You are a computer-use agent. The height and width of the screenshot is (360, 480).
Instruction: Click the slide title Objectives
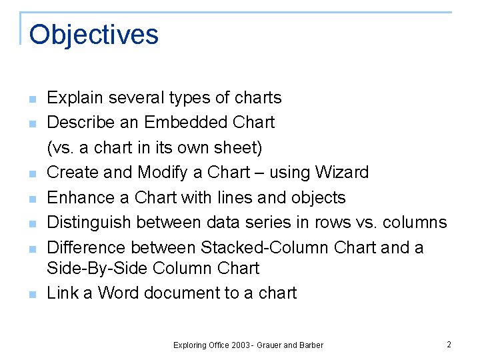tap(94, 35)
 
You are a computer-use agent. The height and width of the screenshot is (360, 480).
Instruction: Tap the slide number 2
tap(449, 345)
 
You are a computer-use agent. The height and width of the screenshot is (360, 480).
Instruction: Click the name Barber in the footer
tap(311, 345)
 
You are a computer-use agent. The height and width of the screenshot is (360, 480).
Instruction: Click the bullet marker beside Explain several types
tap(32, 99)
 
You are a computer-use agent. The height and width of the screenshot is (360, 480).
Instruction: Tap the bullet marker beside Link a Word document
tap(32, 294)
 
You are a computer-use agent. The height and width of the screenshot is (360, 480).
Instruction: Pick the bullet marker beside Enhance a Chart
tap(32, 199)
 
